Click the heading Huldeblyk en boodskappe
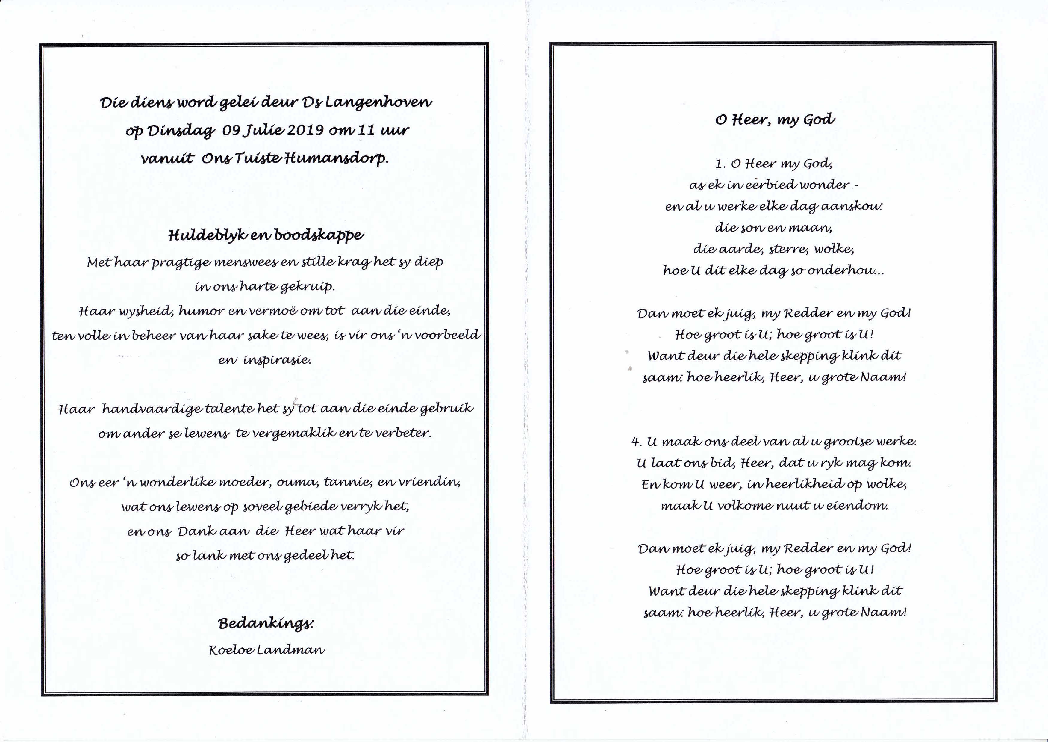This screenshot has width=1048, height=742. [266, 235]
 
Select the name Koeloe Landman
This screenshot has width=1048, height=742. [267, 650]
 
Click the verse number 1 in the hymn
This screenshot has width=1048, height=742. [720, 164]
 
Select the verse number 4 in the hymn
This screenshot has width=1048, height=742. [636, 442]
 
